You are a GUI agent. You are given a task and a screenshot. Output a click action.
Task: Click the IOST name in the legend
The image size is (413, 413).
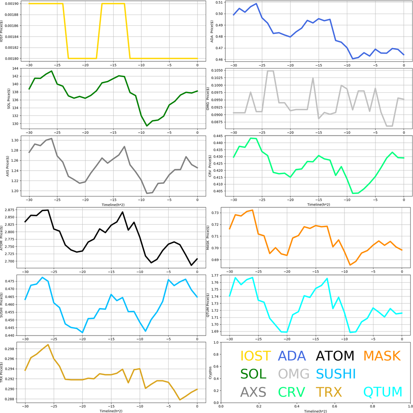coord(256,356)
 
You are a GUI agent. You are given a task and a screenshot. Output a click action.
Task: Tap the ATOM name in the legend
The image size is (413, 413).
coord(335,356)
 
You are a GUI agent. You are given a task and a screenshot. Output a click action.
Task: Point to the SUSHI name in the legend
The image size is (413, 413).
coord(336,374)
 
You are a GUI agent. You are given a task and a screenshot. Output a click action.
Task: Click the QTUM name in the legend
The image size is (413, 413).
coord(383,392)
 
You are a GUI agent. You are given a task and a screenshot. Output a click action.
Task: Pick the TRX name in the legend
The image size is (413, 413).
coord(329,392)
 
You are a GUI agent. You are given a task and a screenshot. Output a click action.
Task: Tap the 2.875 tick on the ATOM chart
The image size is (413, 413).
coord(15,210)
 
